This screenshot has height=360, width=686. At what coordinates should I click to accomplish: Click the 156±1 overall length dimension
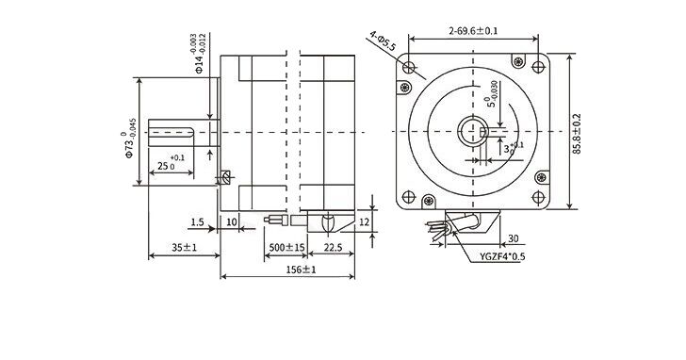click(301, 270)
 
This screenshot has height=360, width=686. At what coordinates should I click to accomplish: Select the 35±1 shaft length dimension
click(184, 248)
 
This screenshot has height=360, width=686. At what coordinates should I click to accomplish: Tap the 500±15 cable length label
click(286, 248)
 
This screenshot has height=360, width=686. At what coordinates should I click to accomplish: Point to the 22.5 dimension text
click(333, 248)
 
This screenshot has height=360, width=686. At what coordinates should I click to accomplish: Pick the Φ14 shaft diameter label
click(198, 54)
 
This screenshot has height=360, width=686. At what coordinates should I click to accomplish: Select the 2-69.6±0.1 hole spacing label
click(473, 31)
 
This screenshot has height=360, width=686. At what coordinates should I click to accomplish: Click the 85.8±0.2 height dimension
click(577, 134)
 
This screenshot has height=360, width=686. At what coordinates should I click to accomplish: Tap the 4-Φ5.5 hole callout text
click(383, 41)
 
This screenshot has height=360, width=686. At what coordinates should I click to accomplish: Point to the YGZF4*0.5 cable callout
click(502, 256)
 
